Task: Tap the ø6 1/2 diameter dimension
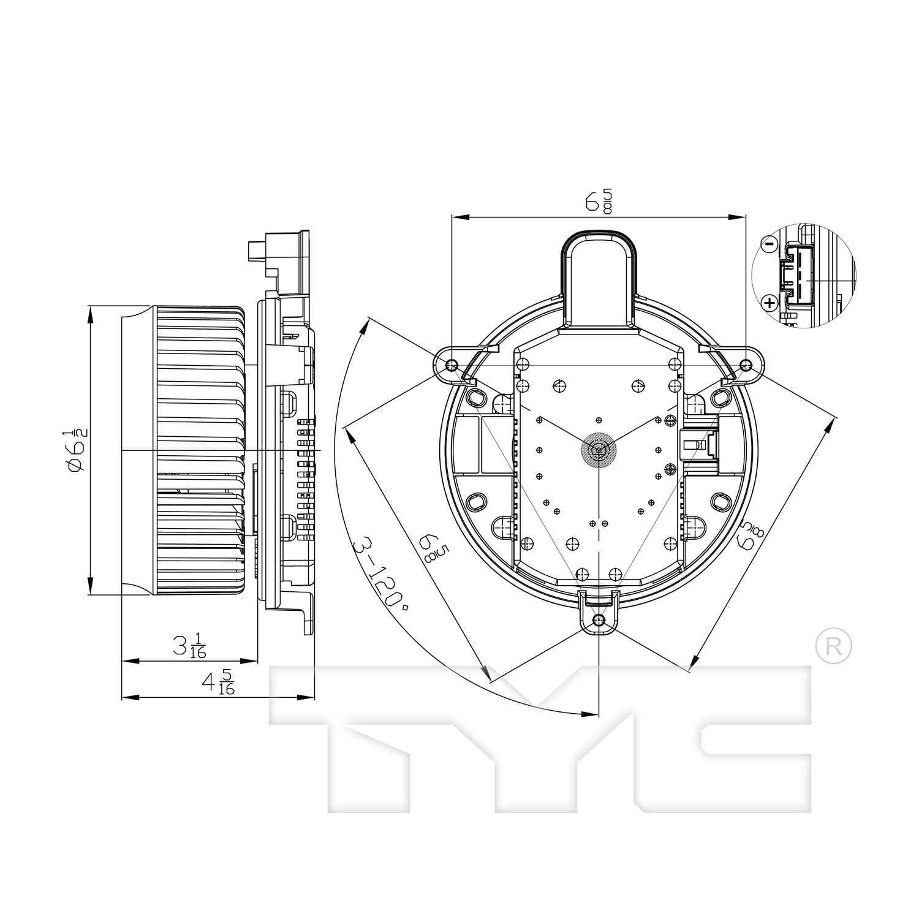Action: [x=77, y=450]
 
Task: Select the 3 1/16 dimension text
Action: [x=189, y=646]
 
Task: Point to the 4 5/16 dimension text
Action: [x=217, y=682]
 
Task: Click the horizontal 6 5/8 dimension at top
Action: [x=598, y=202]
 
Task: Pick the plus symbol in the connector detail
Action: [x=769, y=301]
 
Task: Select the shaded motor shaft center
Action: [x=597, y=450]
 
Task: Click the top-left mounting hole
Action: [x=452, y=365]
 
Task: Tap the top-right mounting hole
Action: [x=746, y=365]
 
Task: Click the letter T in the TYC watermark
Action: [x=368, y=735]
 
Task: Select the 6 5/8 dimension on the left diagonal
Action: [x=433, y=546]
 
